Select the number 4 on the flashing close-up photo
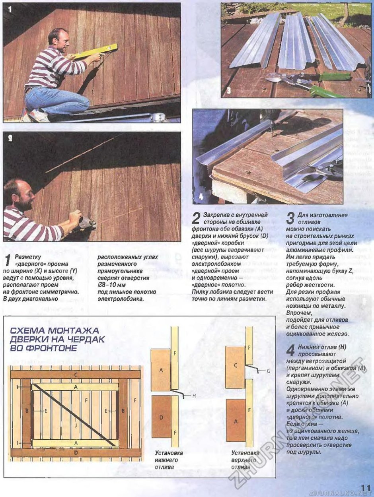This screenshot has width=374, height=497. click(201, 196)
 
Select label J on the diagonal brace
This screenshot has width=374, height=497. click(76, 425)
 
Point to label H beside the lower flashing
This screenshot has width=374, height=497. click(194, 396)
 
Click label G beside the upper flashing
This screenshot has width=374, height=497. click(269, 371)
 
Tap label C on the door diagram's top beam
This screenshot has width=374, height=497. click(76, 375)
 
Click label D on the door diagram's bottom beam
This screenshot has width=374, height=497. click(76, 452)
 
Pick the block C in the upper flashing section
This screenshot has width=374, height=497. click(236, 366)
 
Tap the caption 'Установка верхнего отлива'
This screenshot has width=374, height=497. click(245, 460)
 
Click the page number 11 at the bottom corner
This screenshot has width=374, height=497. click(366, 487)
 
